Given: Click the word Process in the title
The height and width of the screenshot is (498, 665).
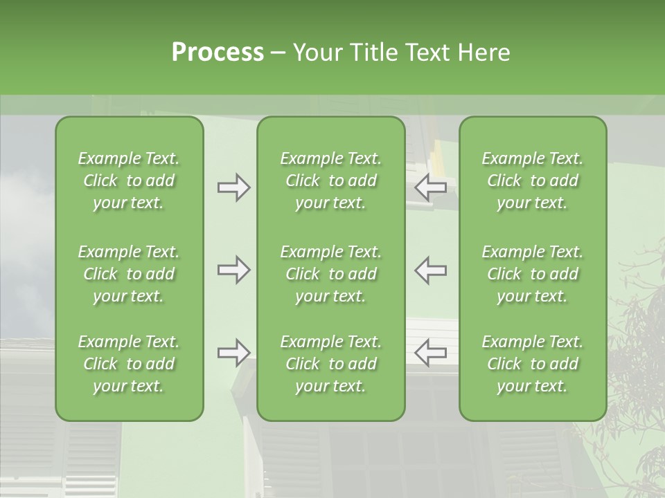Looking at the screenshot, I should (218, 53).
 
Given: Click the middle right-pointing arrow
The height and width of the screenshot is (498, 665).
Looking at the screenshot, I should (233, 270).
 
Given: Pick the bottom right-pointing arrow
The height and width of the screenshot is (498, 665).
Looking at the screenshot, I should (233, 353).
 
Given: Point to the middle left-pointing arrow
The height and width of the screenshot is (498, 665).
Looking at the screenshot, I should (430, 270).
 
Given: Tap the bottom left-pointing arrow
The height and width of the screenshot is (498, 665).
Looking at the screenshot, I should (430, 353).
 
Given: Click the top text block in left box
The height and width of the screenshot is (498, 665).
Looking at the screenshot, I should (129, 181).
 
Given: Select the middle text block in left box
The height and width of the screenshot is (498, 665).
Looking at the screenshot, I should (129, 274).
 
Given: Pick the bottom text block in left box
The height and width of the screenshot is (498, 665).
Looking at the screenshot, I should (129, 364).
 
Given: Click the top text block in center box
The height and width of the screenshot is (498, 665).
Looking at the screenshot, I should (330, 181).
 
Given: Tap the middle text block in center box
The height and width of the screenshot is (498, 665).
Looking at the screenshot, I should (330, 274).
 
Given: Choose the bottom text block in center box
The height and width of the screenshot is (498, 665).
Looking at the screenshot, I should (330, 364).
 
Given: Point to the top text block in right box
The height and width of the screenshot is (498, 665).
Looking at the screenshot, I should (532, 181).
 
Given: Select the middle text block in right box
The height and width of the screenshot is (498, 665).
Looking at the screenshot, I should (532, 274).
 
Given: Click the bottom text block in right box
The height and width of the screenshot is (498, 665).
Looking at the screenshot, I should (532, 364).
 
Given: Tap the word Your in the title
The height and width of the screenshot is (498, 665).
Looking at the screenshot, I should (316, 53).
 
